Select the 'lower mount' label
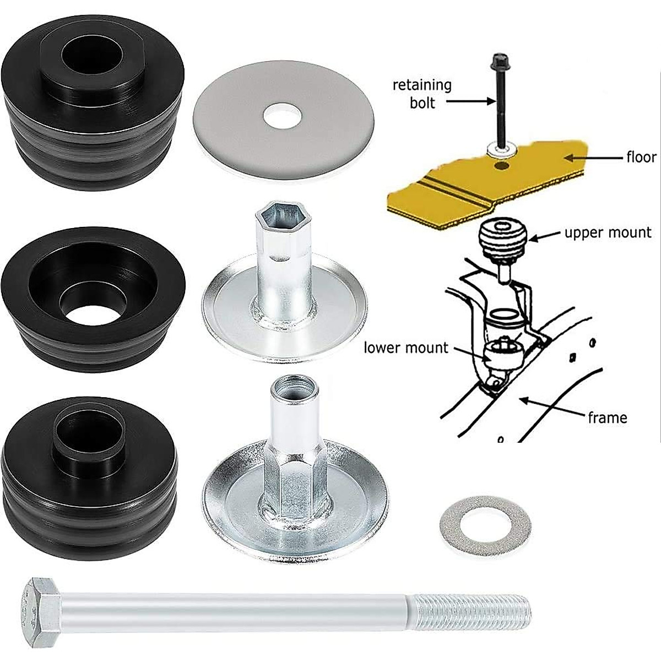pos(406,348)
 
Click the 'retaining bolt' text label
pos(421,94)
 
